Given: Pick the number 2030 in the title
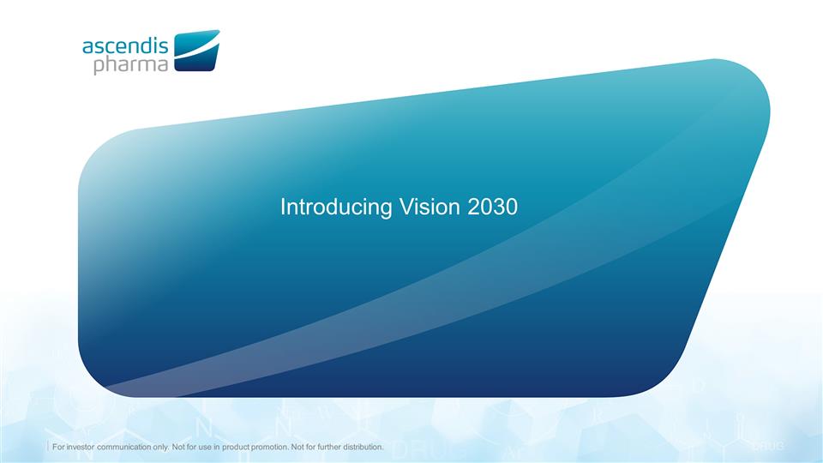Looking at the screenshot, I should (x=493, y=207).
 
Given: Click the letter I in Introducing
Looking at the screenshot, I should (x=284, y=207).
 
